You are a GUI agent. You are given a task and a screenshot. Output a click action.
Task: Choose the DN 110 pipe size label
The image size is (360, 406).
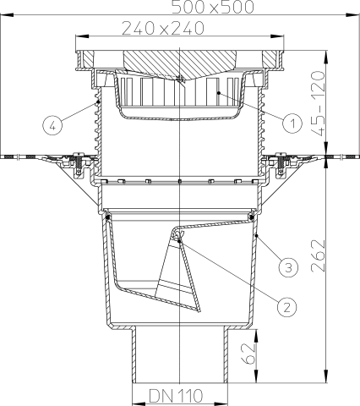tap(180, 394)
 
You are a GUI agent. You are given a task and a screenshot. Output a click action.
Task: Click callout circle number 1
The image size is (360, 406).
tap(292, 123)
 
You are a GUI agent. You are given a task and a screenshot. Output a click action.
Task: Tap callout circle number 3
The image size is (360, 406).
tap(288, 267)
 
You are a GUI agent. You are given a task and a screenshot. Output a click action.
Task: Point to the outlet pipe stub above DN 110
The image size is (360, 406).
tap(180, 355)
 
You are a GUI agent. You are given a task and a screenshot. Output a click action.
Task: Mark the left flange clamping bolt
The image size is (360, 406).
tap(79, 161)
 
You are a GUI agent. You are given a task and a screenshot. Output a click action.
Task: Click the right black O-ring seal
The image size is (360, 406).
tap(254, 218)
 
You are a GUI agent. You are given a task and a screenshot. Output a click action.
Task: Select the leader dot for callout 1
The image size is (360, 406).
tap(219, 91)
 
